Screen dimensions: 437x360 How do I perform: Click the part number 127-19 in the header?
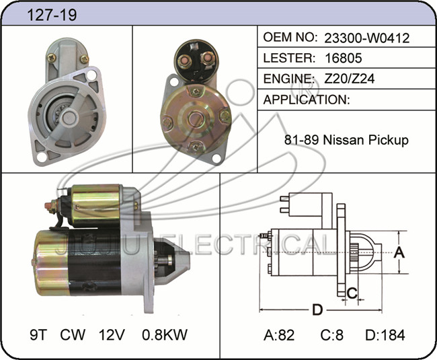(52, 15)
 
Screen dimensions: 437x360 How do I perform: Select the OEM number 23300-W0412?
(367, 38)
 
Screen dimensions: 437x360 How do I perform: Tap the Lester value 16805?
(344, 58)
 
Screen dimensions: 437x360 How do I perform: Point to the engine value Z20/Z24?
(350, 79)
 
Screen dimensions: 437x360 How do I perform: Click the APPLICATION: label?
(307, 100)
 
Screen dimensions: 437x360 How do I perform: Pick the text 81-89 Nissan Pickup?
(346, 140)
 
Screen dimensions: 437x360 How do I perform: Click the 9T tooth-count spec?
(38, 334)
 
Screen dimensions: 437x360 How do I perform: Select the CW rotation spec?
(73, 334)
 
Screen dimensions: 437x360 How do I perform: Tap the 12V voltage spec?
(112, 334)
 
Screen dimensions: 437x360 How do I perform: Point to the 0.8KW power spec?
(165, 334)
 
